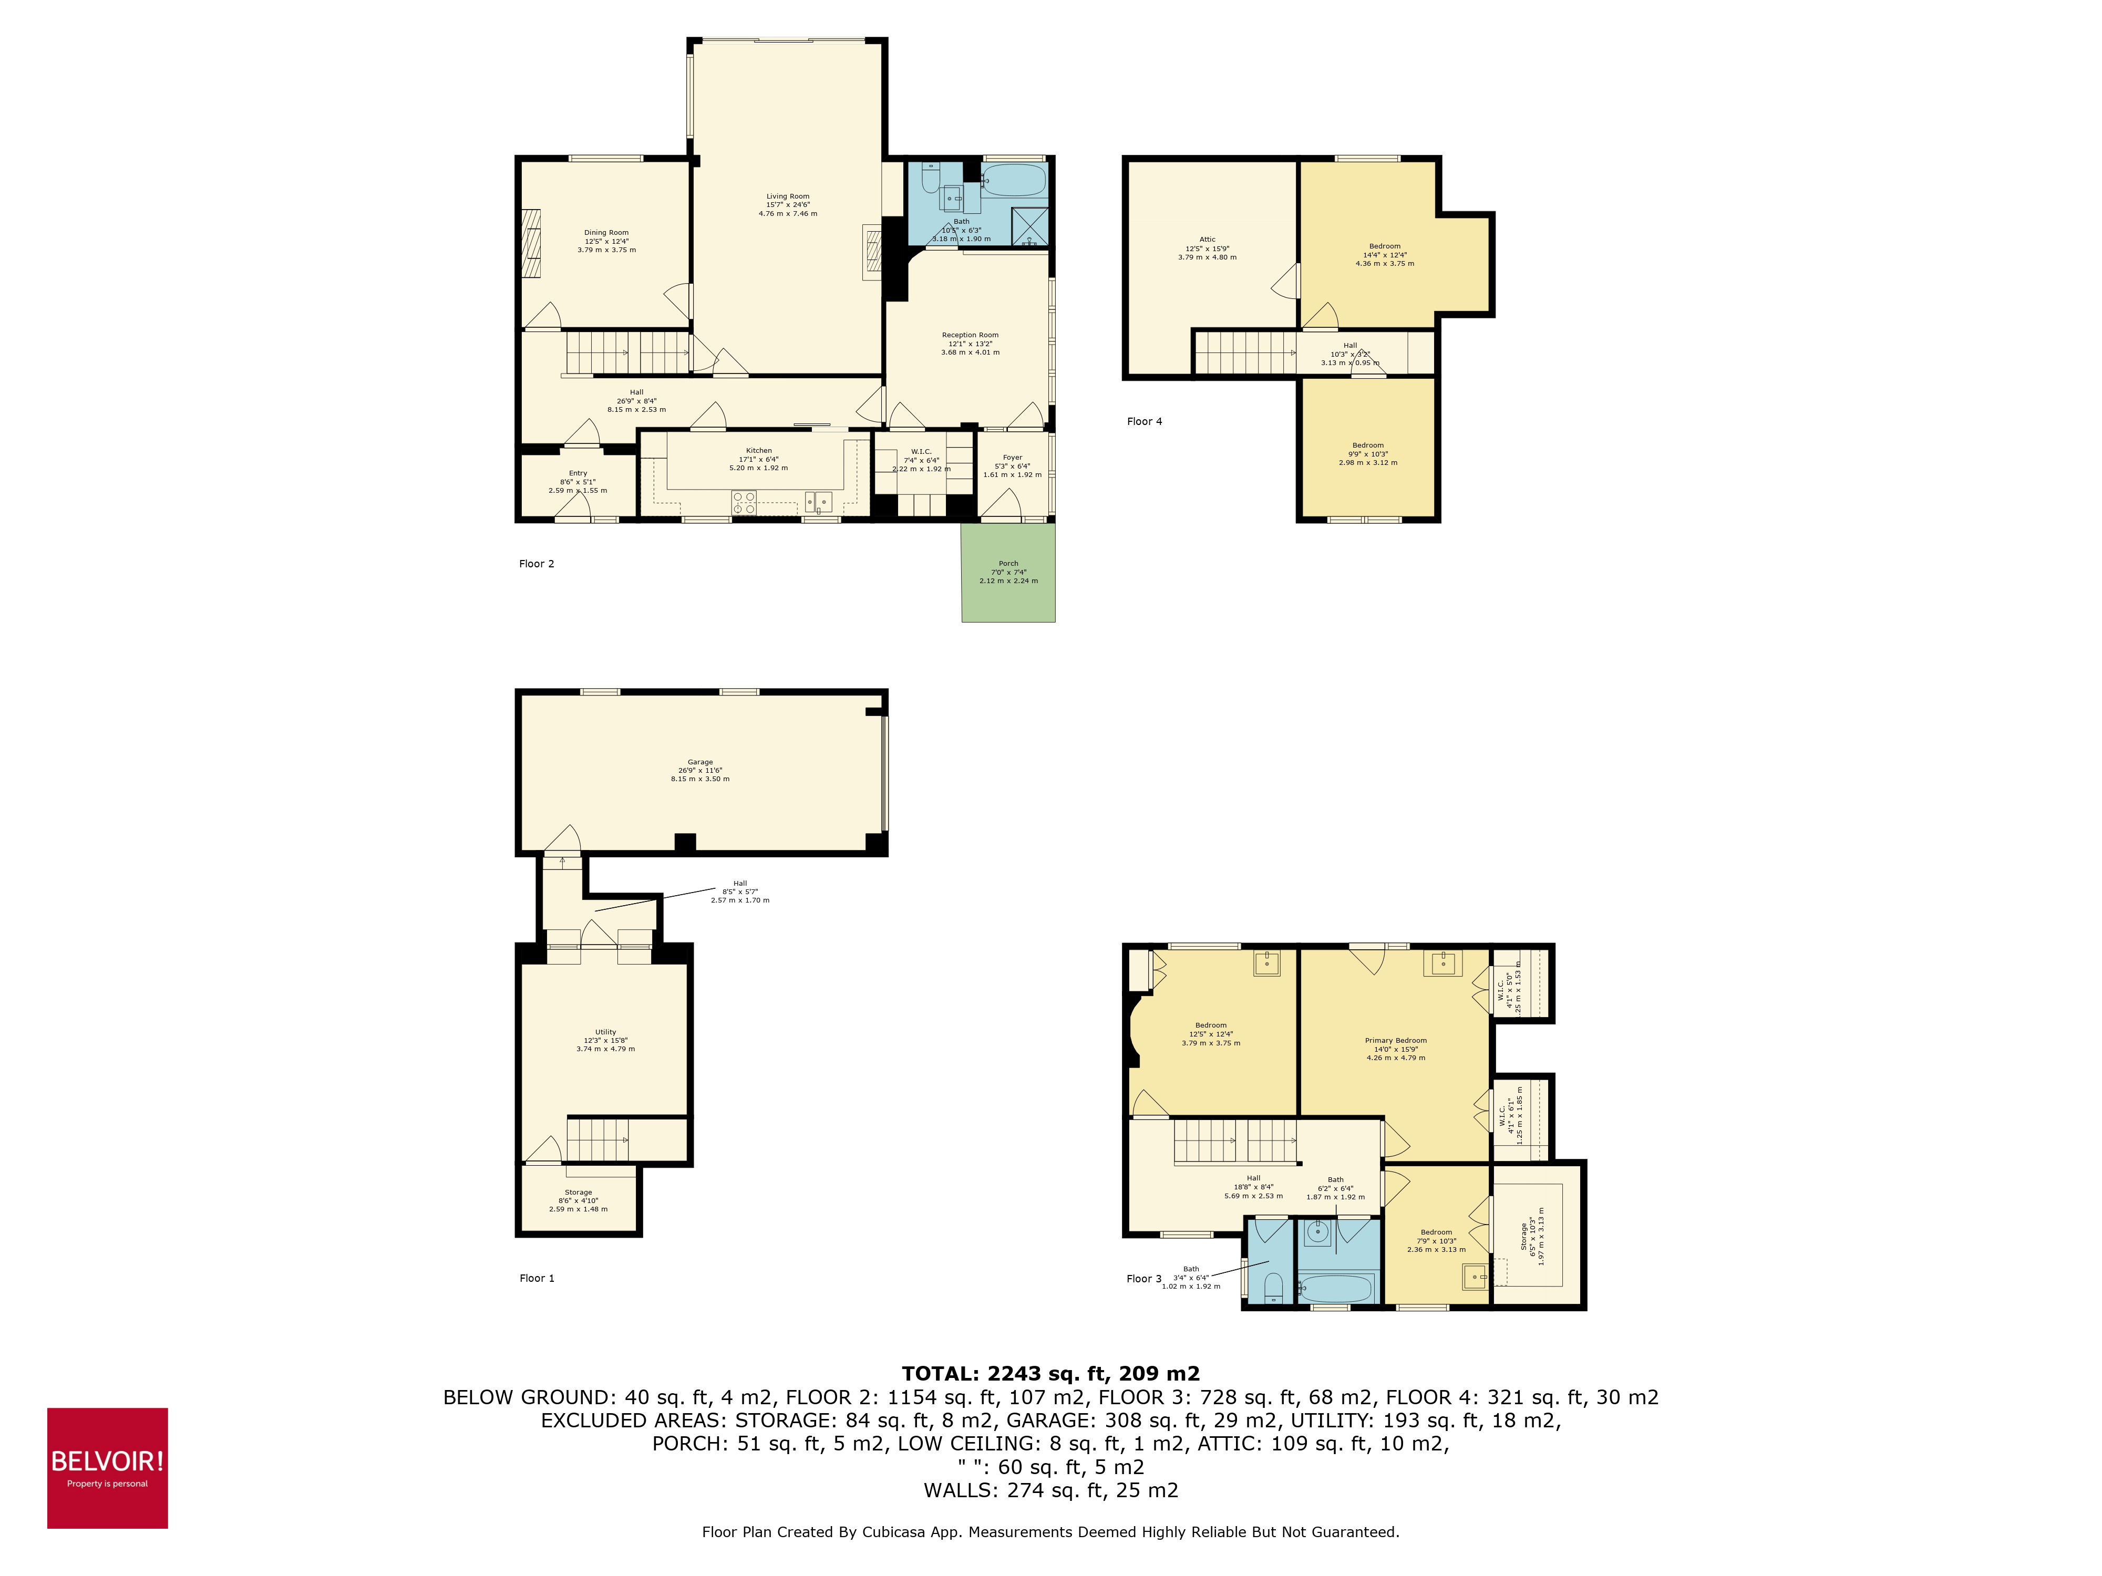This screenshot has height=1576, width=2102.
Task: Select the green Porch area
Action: tap(1008, 589)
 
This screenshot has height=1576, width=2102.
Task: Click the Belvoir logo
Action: tap(107, 1468)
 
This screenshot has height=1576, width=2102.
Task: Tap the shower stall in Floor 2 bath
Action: tap(1030, 225)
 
